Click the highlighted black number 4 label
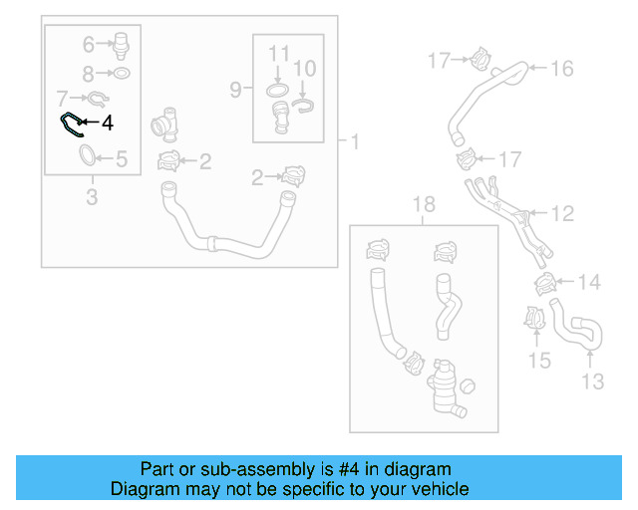[x=108, y=123]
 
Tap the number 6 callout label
[x=89, y=45]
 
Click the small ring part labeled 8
[x=122, y=73]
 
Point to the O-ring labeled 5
[x=87, y=155]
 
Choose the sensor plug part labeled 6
[x=122, y=46]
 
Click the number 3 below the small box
[x=92, y=197]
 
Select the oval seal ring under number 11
[x=277, y=91]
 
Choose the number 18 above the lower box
[x=424, y=204]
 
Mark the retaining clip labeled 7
[x=98, y=100]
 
